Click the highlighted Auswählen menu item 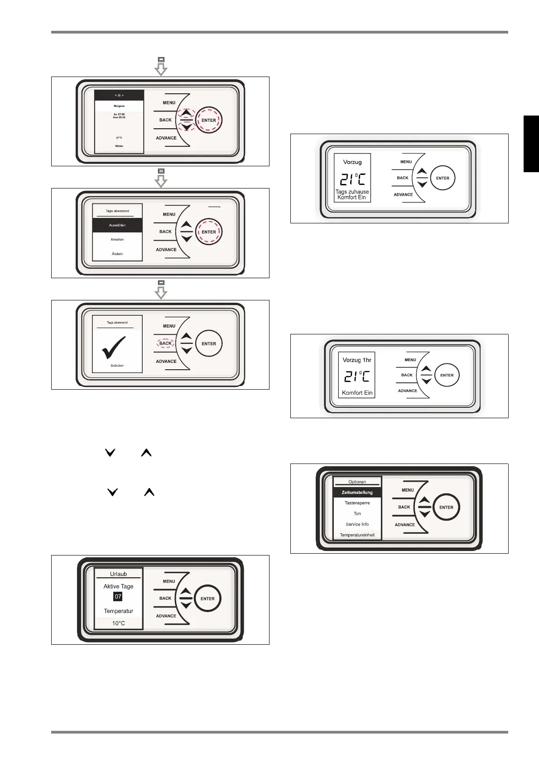pos(117,225)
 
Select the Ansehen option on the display pos(117,240)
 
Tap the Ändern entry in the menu pos(117,254)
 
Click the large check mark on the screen pos(114,348)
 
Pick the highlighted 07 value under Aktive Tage pos(118,597)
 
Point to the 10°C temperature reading pos(119,623)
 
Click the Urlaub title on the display pos(119,574)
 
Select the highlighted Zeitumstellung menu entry pos(357,493)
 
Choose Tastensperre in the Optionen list pos(357,503)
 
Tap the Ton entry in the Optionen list pos(357,514)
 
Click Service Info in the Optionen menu pos(357,524)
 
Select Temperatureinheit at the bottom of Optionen pos(357,535)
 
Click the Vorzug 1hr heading pos(357,360)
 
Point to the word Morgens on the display pos(119,106)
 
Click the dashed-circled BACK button pos(166,343)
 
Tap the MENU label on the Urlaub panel pos(169,581)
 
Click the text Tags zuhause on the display pos(352,192)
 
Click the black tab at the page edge pos(531,144)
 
